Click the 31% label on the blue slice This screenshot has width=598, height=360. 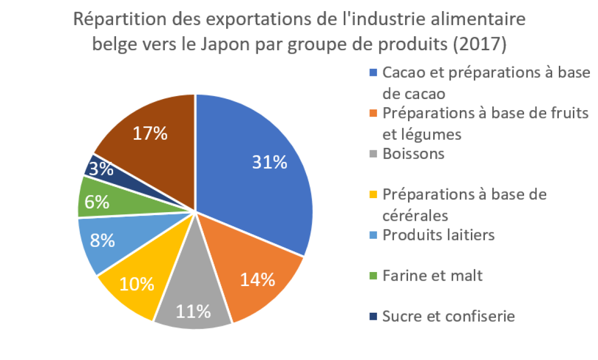pyautogui.click(x=270, y=162)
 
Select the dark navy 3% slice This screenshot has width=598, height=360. pyautogui.click(x=103, y=168)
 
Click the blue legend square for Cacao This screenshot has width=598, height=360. pyautogui.click(x=373, y=72)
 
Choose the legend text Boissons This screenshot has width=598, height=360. pyautogui.click(x=413, y=153)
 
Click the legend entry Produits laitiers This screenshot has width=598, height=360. pyautogui.click(x=438, y=235)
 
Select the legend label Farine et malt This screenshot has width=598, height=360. pyautogui.click(x=432, y=276)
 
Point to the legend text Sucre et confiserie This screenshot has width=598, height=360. pyautogui.click(x=448, y=316)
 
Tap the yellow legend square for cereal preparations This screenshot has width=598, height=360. pyautogui.click(x=373, y=194)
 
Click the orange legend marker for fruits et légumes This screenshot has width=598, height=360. pyautogui.click(x=373, y=113)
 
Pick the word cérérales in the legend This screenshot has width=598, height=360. pyautogui.click(x=415, y=215)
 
